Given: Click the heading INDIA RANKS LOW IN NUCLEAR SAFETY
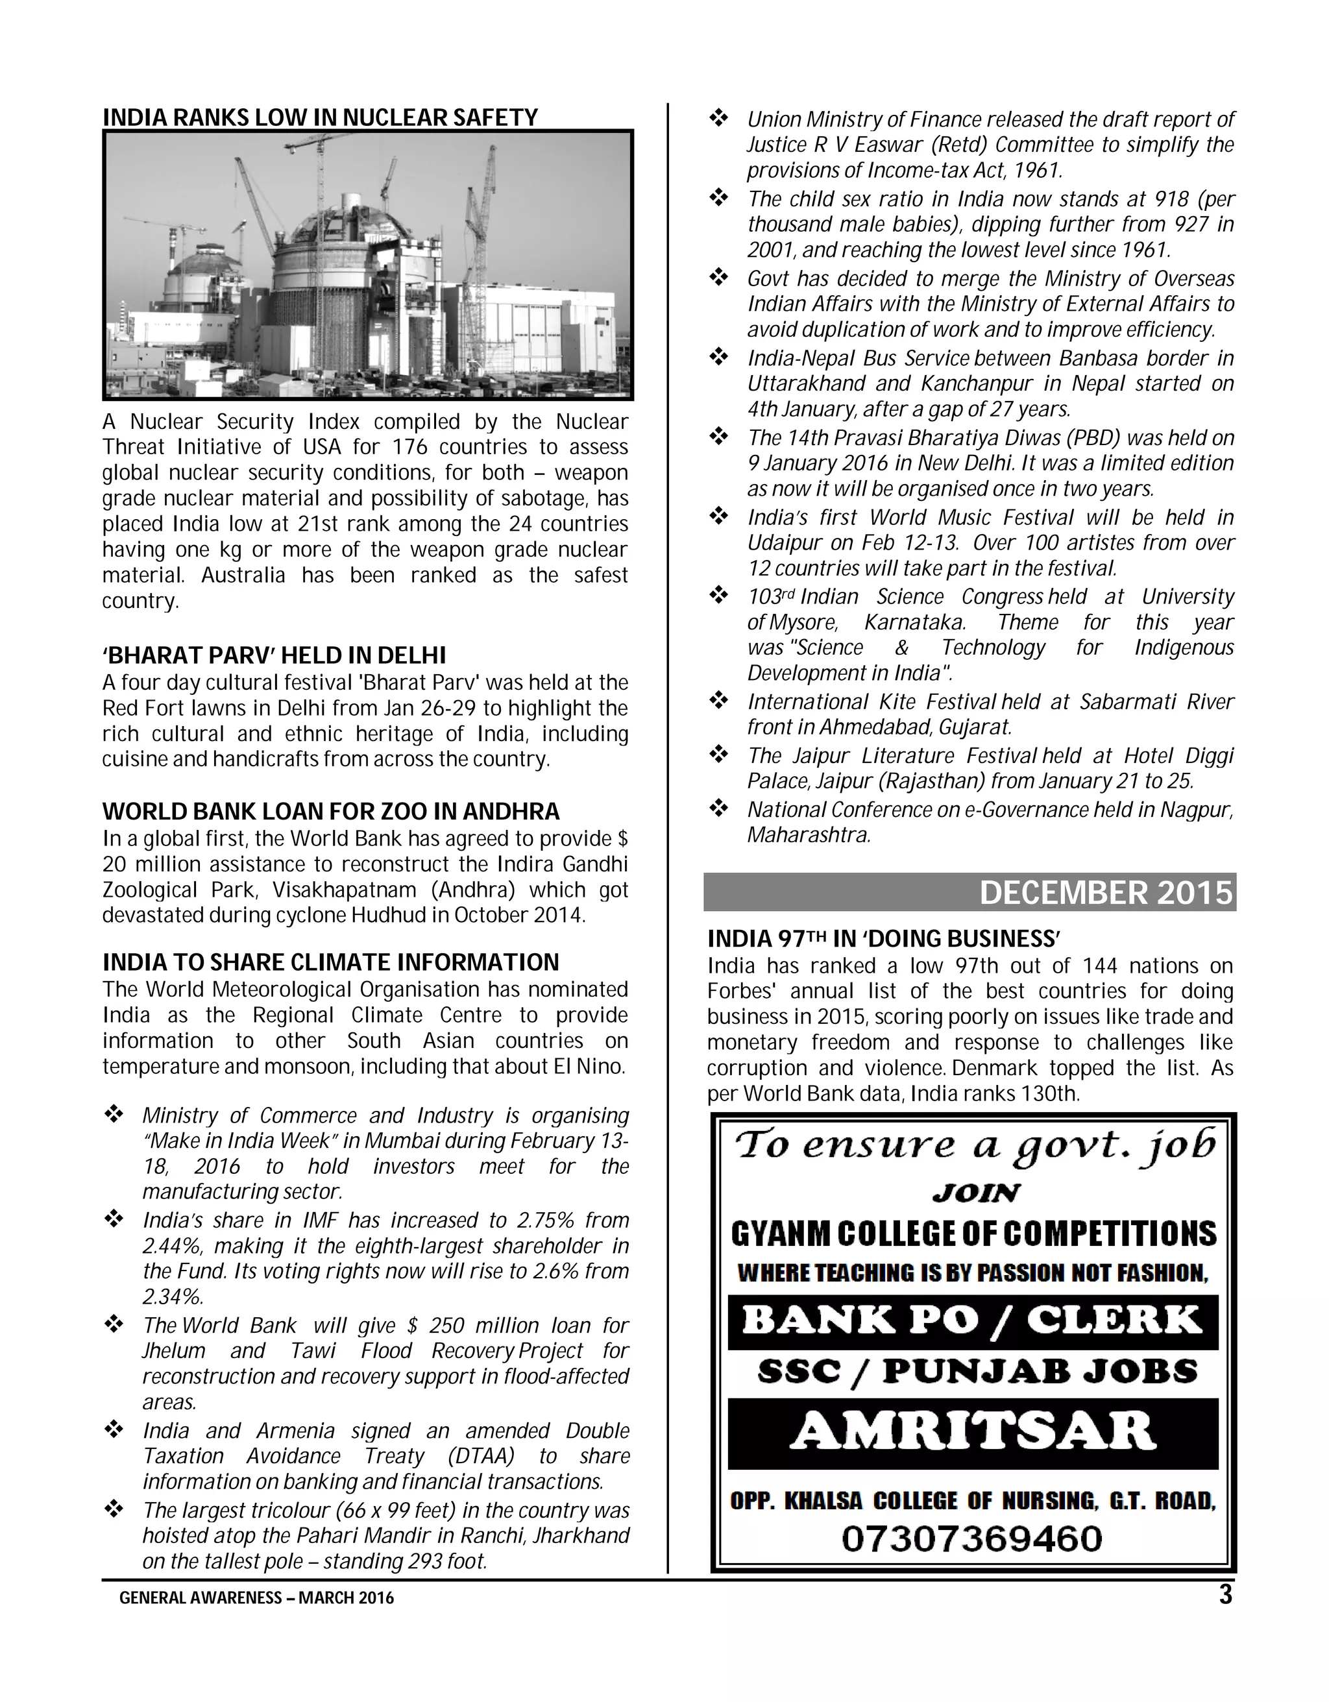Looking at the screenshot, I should click(x=321, y=117).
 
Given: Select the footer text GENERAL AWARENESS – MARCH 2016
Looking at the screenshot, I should click(x=256, y=1598).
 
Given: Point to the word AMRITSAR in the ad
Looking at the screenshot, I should click(x=972, y=1432).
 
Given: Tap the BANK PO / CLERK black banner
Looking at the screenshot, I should click(x=972, y=1322).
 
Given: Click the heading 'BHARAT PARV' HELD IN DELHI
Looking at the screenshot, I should click(x=274, y=655).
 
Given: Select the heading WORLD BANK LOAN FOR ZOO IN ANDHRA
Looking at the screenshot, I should click(x=330, y=811).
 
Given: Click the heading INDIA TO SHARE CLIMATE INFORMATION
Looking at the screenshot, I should click(x=330, y=962).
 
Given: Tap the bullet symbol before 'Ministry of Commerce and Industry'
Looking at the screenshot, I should click(x=114, y=1115).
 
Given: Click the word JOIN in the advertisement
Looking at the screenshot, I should click(x=976, y=1193).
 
